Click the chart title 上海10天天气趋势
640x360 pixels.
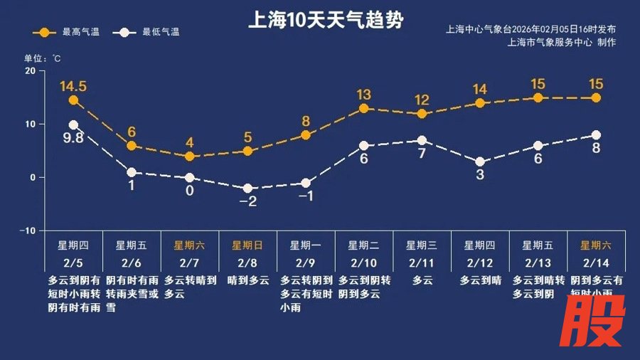319,18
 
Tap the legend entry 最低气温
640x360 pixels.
151,33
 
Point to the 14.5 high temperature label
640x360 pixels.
73,86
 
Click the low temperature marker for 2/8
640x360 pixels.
247,189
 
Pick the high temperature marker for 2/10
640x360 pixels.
363,109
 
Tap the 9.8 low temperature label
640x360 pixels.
73,138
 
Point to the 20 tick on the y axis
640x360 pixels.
30,70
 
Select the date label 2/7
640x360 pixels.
189,262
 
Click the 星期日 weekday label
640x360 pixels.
247,245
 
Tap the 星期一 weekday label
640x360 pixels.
306,245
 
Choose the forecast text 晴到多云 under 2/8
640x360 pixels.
247,280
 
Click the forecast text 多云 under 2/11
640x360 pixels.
422,280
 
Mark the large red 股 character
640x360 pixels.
595,319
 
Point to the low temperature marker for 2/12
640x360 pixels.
480,162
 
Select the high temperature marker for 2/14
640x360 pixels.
596,98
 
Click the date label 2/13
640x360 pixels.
538,262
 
